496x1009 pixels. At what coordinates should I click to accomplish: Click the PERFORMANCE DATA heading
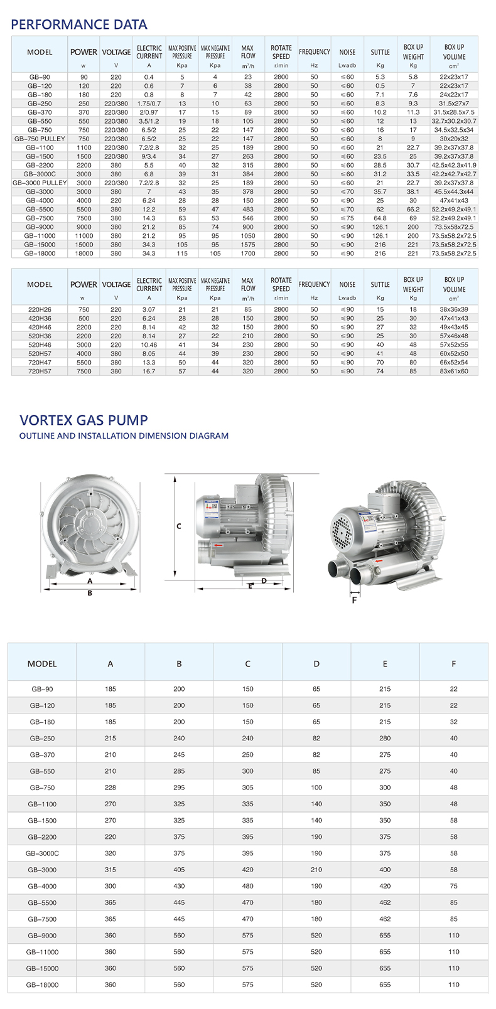(x=79, y=24)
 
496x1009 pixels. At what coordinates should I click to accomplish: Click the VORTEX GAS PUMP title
(x=84, y=420)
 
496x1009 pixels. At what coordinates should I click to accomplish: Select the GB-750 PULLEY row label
(x=40, y=139)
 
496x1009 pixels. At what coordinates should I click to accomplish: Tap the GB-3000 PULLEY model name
(x=40, y=183)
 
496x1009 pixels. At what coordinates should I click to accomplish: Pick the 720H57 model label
(x=40, y=371)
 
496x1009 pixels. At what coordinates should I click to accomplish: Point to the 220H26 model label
(x=40, y=309)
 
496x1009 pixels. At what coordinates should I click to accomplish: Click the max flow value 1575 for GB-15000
(x=248, y=245)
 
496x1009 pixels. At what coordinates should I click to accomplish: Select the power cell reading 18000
(x=84, y=254)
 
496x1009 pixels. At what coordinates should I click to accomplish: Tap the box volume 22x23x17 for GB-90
(x=454, y=77)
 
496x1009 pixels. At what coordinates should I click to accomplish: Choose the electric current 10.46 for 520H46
(x=149, y=344)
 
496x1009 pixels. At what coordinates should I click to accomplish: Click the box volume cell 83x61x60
(x=454, y=371)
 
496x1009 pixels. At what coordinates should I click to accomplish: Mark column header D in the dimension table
(x=316, y=663)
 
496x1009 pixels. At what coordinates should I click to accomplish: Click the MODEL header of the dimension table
(x=42, y=663)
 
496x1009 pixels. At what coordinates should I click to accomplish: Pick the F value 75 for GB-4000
(x=454, y=886)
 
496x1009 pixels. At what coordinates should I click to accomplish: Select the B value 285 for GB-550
(x=179, y=771)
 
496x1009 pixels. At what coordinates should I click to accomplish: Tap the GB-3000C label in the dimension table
(x=42, y=853)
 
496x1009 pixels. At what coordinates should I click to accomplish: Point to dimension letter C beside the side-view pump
(x=179, y=526)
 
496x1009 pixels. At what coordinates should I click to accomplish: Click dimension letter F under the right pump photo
(x=354, y=600)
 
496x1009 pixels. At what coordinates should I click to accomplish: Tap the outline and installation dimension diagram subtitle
(x=124, y=435)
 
